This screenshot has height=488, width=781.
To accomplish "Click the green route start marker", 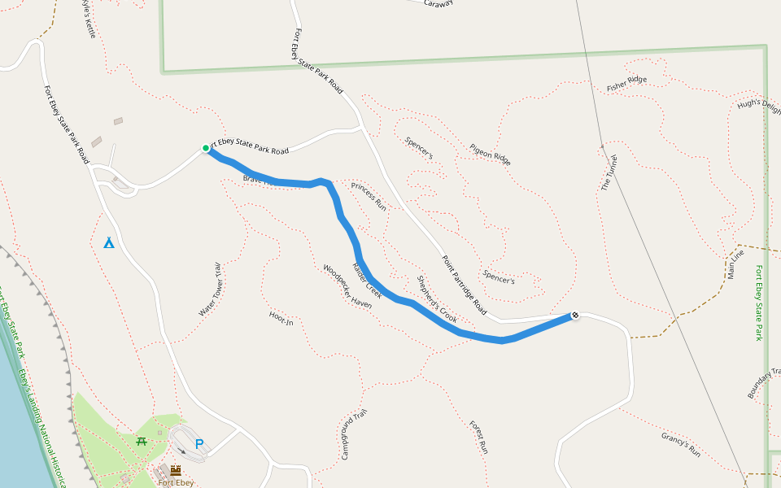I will point(206,148).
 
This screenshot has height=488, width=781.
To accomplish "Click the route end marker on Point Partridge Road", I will point(575,315).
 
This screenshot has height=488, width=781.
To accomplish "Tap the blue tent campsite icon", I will point(108,242).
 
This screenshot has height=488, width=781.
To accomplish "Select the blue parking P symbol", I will point(199,445).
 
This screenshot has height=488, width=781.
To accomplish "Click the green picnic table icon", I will point(142,441).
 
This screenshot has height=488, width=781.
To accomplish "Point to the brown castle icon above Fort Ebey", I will point(176,470).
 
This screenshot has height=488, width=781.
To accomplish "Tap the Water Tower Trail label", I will point(210,290).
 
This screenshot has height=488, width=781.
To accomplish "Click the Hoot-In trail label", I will point(281,318).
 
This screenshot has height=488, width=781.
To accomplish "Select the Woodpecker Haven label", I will point(347,285).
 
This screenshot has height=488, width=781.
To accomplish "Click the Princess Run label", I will point(369,197).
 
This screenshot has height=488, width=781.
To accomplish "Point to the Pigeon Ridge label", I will point(490,155).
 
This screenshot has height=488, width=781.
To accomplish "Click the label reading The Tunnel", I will point(609,172).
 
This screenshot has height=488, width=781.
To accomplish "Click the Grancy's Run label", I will point(680,444).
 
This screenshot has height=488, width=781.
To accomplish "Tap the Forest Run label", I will point(478,437).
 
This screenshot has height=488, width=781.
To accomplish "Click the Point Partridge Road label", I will point(464,285).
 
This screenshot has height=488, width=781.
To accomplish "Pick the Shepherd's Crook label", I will point(436,298).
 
